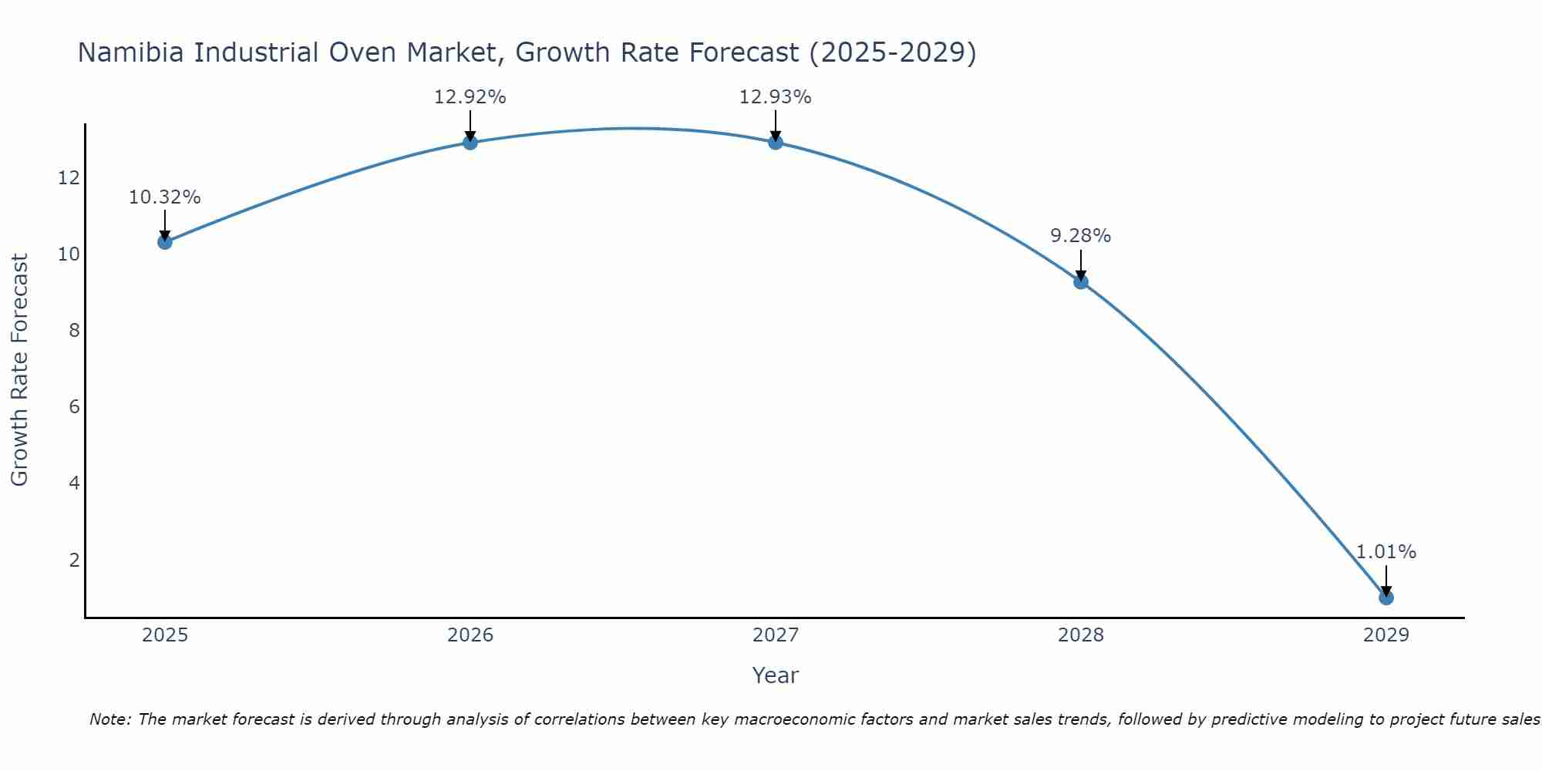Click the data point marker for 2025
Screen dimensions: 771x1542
164,242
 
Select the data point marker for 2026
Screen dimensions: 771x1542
470,142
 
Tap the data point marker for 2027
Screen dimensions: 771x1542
776,142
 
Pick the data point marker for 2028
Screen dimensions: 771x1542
1081,281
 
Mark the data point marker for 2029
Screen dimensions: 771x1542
1386,598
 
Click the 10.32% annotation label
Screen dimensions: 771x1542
164,197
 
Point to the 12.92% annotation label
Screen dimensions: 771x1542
470,97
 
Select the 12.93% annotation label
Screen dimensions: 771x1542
776,97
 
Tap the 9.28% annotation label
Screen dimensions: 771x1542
1081,236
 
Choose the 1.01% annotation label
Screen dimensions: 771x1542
1386,552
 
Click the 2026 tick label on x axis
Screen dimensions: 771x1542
470,635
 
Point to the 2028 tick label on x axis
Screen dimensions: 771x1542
1081,635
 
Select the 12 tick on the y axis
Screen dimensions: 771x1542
69,178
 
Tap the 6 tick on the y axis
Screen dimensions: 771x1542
74,407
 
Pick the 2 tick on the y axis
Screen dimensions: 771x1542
74,560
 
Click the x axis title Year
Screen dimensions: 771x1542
775,675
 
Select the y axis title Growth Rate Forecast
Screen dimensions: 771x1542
19,370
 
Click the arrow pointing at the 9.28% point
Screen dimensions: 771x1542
1081,264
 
